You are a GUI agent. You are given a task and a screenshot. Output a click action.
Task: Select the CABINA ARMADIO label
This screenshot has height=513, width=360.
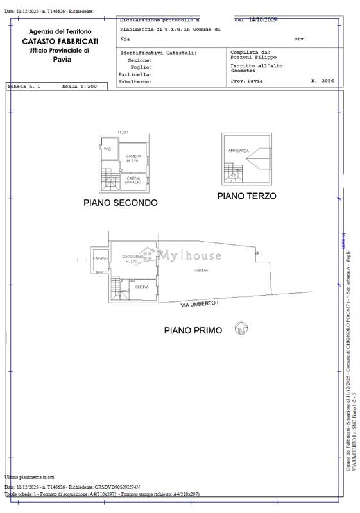133,181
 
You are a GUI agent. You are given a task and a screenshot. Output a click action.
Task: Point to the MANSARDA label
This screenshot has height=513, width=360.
238,151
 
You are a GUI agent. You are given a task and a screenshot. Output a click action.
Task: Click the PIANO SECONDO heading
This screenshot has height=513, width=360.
120,203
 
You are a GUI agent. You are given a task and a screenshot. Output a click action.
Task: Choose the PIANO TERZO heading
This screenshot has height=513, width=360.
246,196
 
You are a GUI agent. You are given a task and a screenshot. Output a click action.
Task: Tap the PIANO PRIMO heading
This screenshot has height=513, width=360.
193,330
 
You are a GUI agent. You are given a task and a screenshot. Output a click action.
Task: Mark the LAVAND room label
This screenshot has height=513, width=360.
100,258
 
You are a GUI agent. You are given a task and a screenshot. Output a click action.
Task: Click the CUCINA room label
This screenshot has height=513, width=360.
142,287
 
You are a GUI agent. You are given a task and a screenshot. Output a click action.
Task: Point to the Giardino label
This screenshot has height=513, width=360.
201,271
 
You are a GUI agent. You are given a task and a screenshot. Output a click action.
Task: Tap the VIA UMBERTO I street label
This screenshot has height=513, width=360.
200,303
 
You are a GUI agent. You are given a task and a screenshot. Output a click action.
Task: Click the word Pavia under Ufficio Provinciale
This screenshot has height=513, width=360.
62,60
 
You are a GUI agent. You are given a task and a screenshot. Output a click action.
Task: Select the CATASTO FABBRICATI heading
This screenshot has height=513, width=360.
60,41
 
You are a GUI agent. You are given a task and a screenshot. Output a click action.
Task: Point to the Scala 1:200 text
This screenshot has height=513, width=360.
79,86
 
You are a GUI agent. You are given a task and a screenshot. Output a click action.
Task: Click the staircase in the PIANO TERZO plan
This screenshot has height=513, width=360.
233,171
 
